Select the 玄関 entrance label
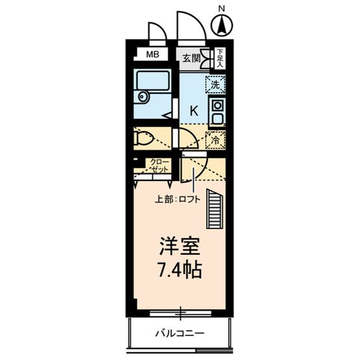coord(191,58)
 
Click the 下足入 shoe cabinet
coord(220,58)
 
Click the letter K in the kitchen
coord(193,111)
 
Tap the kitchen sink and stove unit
coord(216,112)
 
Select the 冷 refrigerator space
coord(215,138)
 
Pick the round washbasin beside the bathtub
coord(142,97)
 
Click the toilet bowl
coord(144,138)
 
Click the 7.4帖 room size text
coord(178,269)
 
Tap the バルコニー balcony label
coord(180,334)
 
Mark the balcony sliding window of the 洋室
coord(181,313)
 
